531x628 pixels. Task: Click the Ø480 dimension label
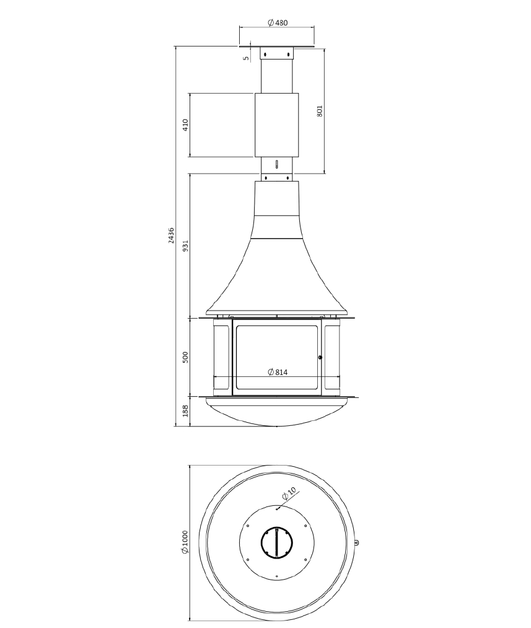click(x=278, y=23)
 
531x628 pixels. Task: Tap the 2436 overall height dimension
click(x=171, y=236)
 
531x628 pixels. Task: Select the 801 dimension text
click(x=319, y=111)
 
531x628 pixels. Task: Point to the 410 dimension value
click(x=185, y=125)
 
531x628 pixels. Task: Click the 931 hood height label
click(x=185, y=246)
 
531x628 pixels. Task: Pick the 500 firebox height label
click(x=185, y=357)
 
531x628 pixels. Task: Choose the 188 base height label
click(x=185, y=411)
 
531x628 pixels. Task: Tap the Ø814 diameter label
click(x=278, y=372)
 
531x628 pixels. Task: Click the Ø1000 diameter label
click(x=185, y=542)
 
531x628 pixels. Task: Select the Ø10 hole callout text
click(x=289, y=493)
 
